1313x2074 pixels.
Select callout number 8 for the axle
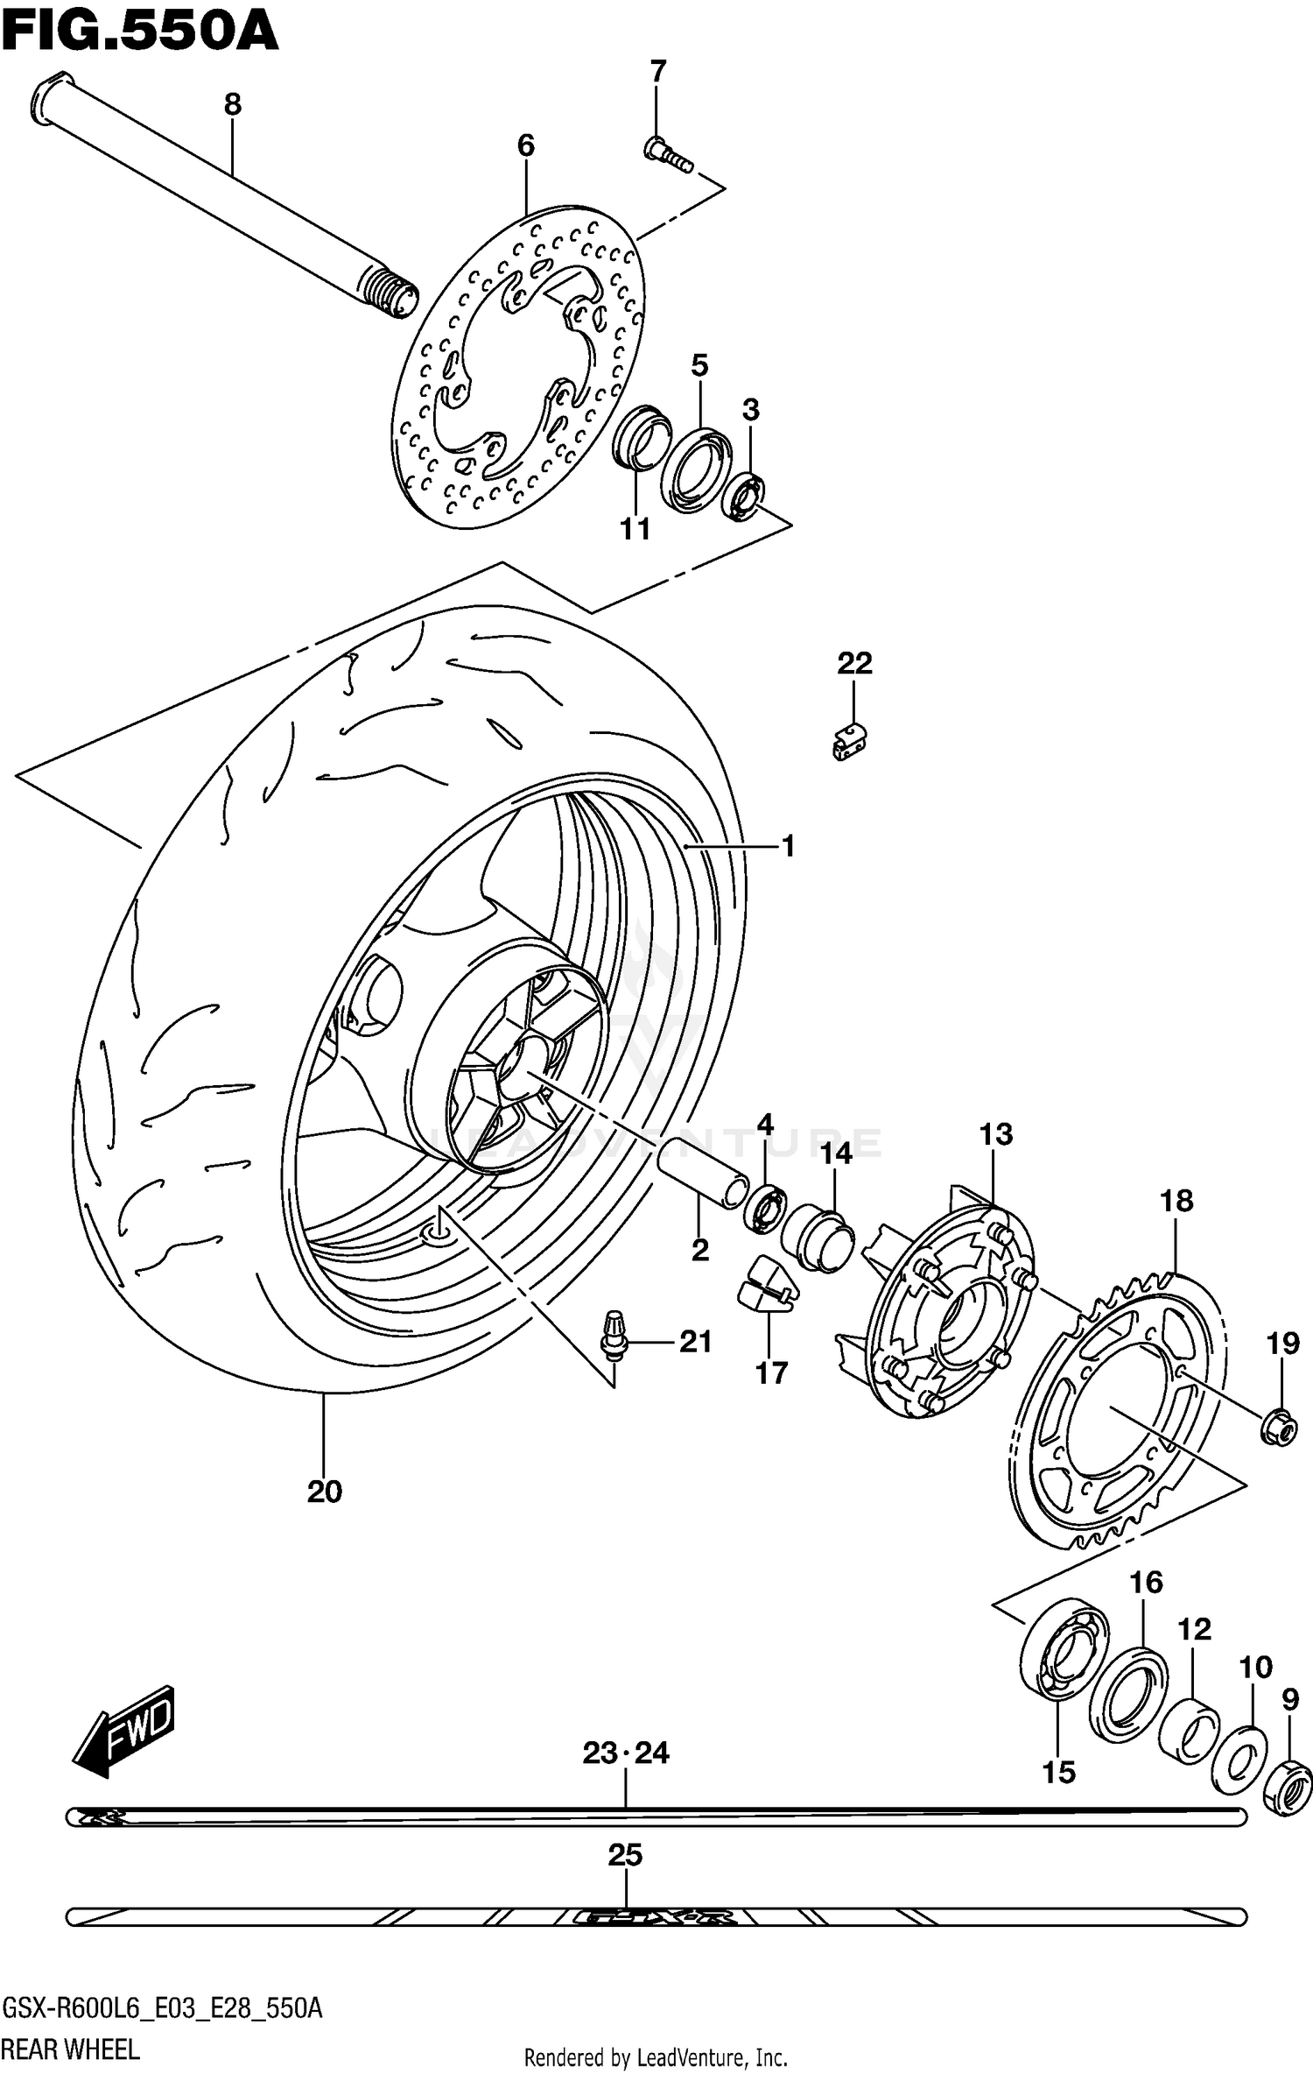(x=232, y=104)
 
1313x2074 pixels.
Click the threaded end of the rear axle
(x=392, y=292)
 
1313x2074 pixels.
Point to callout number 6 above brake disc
(x=525, y=145)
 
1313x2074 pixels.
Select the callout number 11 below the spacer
(x=635, y=529)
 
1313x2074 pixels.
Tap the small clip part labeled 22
(x=848, y=741)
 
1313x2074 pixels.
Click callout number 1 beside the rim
(x=788, y=846)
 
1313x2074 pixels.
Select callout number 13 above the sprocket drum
(x=996, y=1134)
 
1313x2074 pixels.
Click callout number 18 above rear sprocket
(x=1176, y=1201)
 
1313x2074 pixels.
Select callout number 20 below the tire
(x=325, y=1491)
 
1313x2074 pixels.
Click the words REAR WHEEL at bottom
(x=70, y=2050)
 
